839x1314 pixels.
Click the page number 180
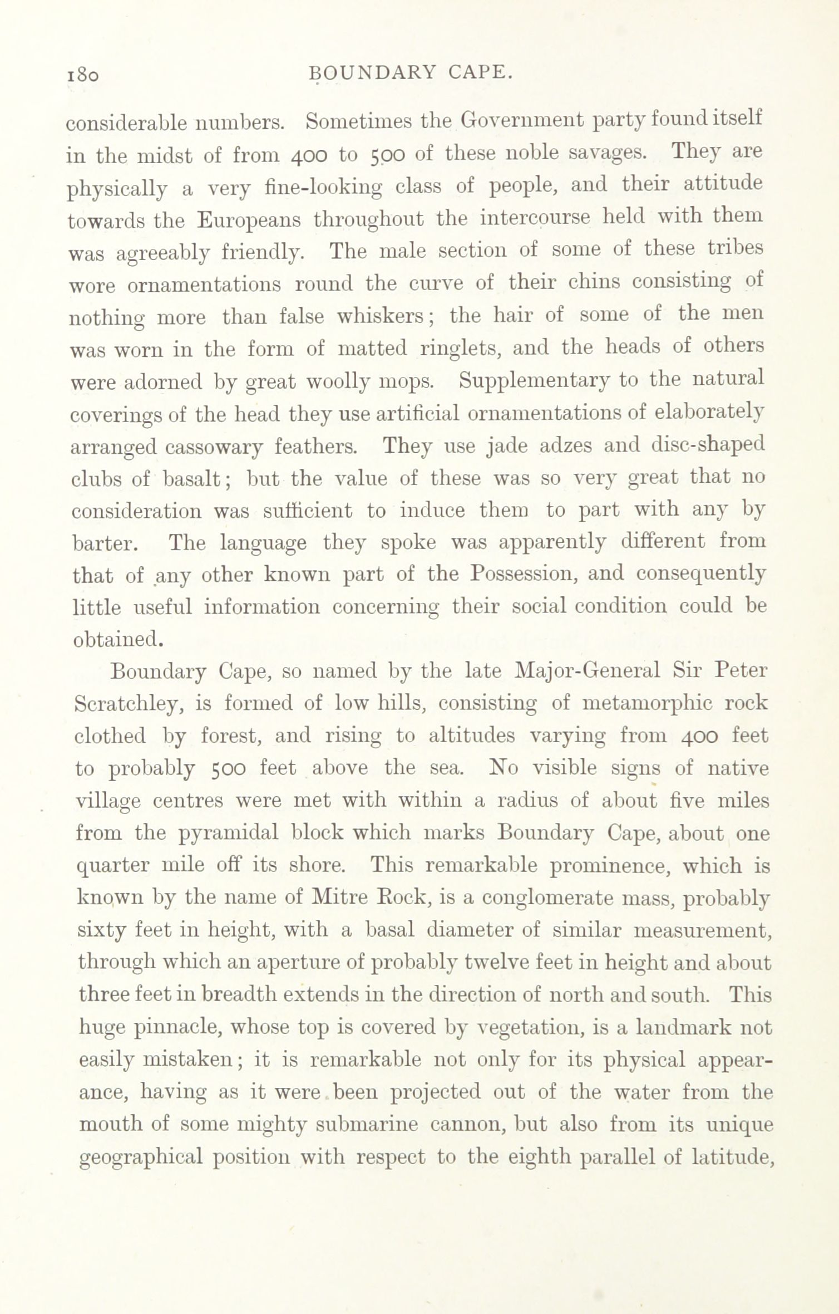[83, 73]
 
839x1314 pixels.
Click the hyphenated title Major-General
[588, 670]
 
